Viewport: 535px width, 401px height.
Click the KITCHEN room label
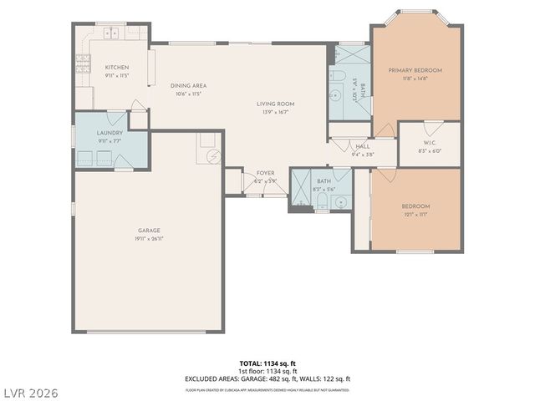click(116, 67)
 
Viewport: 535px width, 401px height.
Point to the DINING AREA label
click(188, 85)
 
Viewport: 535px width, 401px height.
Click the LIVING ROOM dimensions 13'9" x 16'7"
click(275, 112)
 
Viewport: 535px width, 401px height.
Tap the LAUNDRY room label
click(110, 133)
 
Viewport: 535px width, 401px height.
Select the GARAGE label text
click(149, 230)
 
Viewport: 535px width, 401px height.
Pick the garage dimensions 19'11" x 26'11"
click(149, 238)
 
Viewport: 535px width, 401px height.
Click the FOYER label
click(265, 173)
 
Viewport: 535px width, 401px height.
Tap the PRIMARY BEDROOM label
click(415, 70)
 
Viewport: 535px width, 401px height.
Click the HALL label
click(362, 145)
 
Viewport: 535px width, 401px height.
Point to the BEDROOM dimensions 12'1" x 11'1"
click(415, 215)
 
